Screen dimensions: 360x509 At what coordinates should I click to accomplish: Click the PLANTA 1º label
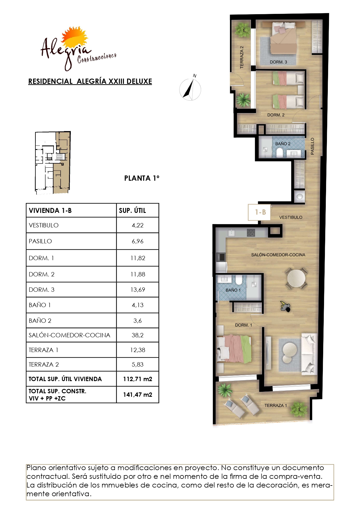click(x=142, y=178)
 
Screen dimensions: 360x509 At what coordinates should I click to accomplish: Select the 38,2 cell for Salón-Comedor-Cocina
click(x=138, y=335)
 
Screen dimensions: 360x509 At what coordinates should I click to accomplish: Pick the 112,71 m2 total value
click(x=138, y=379)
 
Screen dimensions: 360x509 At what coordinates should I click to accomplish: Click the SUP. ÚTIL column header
click(x=132, y=211)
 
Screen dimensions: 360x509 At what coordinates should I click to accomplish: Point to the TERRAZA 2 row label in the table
click(x=44, y=365)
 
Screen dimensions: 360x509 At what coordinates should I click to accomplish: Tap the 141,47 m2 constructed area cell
click(x=138, y=395)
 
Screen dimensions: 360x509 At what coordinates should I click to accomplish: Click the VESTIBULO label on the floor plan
click(x=291, y=217)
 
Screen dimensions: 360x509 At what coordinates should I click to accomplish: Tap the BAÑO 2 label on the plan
click(x=283, y=144)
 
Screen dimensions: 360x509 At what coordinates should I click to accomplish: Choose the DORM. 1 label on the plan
click(x=243, y=325)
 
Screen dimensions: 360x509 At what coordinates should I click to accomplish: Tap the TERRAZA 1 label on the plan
click(x=276, y=405)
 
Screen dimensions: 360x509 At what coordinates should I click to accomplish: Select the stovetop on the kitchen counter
click(x=251, y=233)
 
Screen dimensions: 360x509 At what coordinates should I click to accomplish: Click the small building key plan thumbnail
click(x=53, y=163)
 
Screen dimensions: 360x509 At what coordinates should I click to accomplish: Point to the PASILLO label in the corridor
click(x=312, y=146)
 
